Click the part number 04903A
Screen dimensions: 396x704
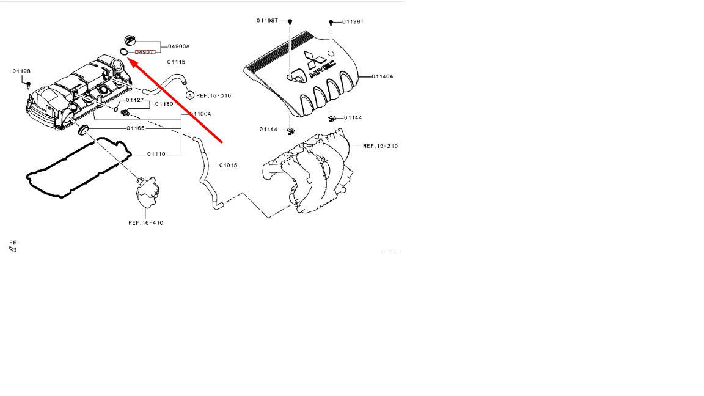[179, 46]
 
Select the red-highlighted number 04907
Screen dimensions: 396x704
[145, 53]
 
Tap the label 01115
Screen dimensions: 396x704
[177, 62]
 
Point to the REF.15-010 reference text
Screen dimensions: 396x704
[214, 95]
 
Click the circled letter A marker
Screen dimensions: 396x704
[190, 95]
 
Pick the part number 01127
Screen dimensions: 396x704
[135, 100]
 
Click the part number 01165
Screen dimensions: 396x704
[136, 128]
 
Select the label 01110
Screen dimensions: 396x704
[156, 154]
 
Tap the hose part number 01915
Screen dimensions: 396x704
[229, 166]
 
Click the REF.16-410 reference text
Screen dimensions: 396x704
[145, 223]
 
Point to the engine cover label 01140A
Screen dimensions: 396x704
[383, 76]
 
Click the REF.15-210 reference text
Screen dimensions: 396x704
[380, 146]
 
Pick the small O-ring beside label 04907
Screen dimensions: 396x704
[124, 52]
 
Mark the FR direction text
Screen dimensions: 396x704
[13, 243]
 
